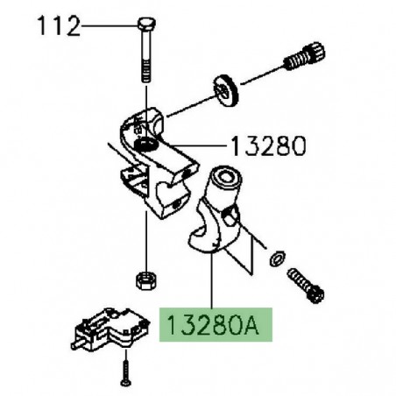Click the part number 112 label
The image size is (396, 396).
pyautogui.click(x=59, y=26)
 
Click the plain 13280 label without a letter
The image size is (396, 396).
pyautogui.click(x=268, y=146)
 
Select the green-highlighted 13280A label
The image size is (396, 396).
pyautogui.click(x=216, y=324)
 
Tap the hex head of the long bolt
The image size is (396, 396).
pyautogui.click(x=146, y=24)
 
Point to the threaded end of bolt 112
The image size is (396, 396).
pyautogui.click(x=146, y=73)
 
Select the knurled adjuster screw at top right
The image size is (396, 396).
pyautogui.click(x=305, y=57)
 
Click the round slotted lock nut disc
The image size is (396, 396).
pyautogui.click(x=227, y=91)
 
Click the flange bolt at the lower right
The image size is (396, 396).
pyautogui.click(x=306, y=286)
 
